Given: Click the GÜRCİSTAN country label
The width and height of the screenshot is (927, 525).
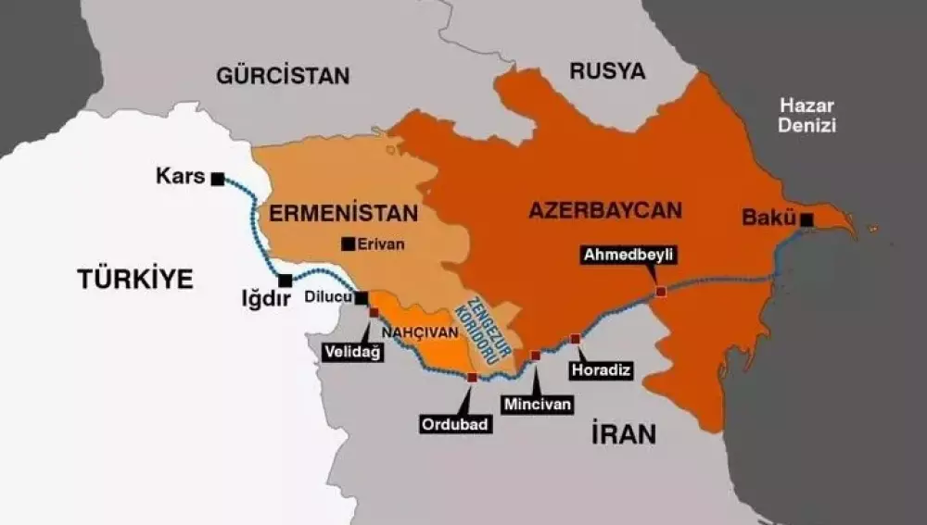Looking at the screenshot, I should click(283, 75).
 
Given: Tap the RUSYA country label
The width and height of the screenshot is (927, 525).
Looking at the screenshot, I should click(607, 70).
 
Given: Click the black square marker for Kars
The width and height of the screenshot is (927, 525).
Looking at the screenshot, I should click(218, 179).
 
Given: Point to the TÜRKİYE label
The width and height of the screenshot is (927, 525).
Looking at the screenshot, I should click(135, 278).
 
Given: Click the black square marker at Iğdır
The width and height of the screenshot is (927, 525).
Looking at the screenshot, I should click(286, 280).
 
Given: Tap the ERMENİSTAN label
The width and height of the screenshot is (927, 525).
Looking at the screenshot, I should click(344, 212).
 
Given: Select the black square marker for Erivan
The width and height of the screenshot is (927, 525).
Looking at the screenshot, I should click(348, 244).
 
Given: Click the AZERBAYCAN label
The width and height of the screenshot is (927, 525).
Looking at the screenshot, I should click(604, 209).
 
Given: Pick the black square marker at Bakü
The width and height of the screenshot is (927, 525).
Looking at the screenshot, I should click(807, 219).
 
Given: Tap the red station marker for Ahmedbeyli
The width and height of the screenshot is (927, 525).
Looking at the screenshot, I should click(660, 292).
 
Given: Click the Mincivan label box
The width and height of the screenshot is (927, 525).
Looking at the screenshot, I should click(537, 404).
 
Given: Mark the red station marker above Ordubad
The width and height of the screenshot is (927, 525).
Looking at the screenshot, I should click(473, 378).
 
